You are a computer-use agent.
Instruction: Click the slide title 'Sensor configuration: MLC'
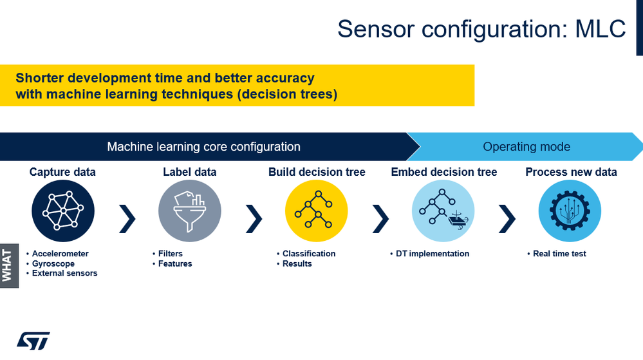coord(481,28)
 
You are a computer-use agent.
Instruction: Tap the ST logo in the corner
coord(33,341)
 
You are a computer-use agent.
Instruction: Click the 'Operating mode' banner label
coord(527,147)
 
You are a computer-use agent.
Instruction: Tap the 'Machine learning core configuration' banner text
coord(203,147)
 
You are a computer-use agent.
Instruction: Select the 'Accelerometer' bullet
coord(60,254)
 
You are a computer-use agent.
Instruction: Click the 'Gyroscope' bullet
coord(53,263)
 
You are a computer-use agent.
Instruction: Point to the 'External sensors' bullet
coord(64,273)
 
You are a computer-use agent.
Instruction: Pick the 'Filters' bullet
coord(171,254)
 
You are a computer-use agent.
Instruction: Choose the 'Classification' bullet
coord(309,254)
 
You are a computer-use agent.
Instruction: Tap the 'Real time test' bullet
coord(559,254)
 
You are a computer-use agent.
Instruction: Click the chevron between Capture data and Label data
coord(127,219)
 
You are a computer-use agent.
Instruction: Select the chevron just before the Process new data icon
coord(507,219)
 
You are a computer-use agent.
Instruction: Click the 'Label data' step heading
coord(190,172)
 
